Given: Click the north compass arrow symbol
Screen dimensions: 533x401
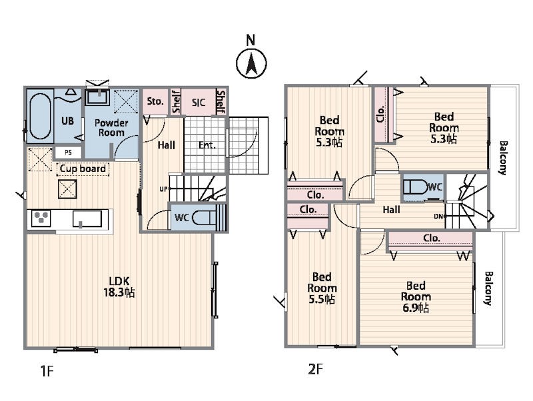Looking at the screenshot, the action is (251, 63).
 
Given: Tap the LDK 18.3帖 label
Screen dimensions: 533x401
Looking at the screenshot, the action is (119, 287).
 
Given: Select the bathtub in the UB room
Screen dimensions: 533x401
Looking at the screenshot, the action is (40, 117).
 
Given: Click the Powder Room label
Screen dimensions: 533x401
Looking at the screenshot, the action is (111, 127).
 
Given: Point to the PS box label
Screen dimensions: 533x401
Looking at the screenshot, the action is (69, 153).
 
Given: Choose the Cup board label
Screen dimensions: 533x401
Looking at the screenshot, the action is (83, 169).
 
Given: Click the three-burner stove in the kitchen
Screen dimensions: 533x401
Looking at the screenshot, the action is (41, 218).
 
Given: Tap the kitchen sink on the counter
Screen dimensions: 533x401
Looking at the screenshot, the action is (87, 219).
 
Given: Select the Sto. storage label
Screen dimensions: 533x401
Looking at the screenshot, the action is (155, 101).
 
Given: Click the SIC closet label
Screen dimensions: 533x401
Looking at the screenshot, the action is (199, 103).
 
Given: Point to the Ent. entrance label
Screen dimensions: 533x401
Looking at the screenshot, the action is (207, 145).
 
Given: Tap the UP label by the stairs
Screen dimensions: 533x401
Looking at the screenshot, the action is (163, 189).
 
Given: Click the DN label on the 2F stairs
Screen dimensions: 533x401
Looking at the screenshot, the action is (438, 216).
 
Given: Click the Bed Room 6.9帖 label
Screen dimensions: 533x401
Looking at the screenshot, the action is (415, 296).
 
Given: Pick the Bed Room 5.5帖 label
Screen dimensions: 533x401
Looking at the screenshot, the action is (322, 288).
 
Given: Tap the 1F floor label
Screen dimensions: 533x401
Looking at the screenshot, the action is (47, 372).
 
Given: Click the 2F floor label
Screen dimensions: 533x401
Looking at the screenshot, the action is (314, 369).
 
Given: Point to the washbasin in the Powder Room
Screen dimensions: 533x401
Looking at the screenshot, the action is (97, 97).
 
